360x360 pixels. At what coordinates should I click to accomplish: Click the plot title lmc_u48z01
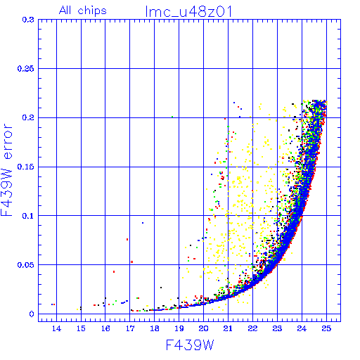[x=188, y=11]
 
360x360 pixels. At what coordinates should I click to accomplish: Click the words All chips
[x=83, y=11]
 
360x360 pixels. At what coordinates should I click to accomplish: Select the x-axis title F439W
[x=190, y=345]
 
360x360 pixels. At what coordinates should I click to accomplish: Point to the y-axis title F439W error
[x=6, y=170]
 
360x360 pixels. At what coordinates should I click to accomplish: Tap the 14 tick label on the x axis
[x=56, y=328]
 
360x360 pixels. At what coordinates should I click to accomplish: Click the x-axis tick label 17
[x=130, y=328]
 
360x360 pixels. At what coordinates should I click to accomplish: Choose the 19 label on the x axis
[x=179, y=328]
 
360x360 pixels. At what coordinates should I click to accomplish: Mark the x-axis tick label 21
[x=228, y=328]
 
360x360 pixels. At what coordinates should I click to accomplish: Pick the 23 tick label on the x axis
[x=277, y=328]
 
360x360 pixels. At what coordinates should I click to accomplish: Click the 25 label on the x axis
[x=326, y=328]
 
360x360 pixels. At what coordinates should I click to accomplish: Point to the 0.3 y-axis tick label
[x=28, y=20]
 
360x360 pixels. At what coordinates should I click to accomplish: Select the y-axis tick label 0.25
[x=26, y=69]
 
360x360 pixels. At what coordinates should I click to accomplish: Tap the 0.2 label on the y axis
[x=28, y=117]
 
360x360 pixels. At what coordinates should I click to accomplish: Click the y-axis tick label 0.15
[x=26, y=167]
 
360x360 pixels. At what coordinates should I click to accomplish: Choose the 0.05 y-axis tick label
[x=26, y=265]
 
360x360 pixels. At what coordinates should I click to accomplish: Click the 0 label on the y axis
[x=32, y=314]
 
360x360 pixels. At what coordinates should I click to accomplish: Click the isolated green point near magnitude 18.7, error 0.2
[x=172, y=117]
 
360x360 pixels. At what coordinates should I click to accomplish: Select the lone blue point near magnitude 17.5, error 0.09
[x=143, y=223]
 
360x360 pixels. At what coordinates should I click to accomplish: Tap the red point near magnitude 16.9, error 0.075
[x=127, y=239]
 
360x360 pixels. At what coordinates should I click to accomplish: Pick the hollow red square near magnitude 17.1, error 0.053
[x=131, y=262]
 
